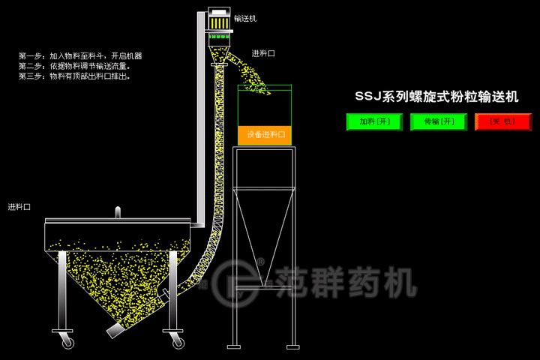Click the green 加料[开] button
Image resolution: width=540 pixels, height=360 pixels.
(374, 121)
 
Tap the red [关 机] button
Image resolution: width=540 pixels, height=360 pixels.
(502, 121)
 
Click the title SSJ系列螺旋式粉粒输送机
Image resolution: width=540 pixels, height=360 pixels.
(436, 96)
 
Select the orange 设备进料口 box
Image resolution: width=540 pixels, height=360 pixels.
(265, 135)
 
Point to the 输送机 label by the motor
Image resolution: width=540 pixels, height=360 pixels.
(244, 18)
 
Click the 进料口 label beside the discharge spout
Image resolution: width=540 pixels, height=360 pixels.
(262, 53)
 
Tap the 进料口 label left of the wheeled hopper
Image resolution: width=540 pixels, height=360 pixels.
(19, 206)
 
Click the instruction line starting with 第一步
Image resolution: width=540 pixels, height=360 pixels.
(80, 56)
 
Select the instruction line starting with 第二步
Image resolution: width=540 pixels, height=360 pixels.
(74, 66)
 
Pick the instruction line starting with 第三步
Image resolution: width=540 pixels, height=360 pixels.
(74, 76)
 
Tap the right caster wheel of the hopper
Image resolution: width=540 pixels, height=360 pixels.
(178, 342)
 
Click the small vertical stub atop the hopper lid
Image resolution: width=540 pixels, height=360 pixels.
(117, 212)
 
